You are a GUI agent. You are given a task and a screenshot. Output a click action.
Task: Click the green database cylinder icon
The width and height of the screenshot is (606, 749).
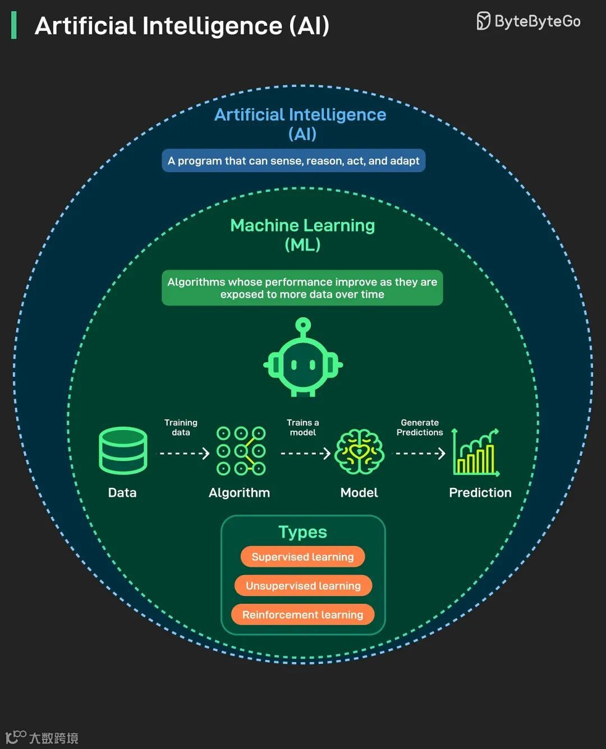click(123, 451)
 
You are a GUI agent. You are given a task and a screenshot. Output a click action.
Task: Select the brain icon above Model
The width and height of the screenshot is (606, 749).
click(359, 451)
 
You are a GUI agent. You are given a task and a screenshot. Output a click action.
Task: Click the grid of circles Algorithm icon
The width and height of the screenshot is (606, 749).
click(241, 451)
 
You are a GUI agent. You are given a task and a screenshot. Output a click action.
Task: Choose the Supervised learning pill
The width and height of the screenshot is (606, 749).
click(302, 557)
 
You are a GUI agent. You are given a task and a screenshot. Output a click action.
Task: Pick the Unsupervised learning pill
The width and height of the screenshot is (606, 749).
click(303, 586)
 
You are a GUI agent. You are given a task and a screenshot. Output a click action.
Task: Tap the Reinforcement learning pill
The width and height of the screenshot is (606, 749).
click(302, 615)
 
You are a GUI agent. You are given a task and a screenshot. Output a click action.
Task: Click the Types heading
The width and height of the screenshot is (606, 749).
click(302, 532)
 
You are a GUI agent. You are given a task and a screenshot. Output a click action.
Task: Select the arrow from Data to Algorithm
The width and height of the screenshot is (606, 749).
click(184, 453)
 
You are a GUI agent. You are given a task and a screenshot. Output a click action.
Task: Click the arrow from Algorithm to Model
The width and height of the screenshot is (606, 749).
click(305, 453)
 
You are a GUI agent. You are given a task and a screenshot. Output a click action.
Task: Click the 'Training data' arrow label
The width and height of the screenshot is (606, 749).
click(181, 427)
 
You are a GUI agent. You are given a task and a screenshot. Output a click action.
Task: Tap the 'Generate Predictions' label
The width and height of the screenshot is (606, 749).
click(420, 427)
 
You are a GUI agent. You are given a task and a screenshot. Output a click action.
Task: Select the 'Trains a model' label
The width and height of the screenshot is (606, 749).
click(303, 427)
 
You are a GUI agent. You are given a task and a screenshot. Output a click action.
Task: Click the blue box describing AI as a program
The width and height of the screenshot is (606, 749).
click(293, 161)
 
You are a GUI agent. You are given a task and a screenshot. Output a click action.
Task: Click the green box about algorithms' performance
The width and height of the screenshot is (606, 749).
click(302, 288)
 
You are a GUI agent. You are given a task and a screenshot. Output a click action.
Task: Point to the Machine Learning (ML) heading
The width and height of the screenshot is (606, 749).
click(302, 234)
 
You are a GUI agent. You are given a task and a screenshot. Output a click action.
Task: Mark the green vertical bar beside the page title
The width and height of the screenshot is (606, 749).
click(14, 26)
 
